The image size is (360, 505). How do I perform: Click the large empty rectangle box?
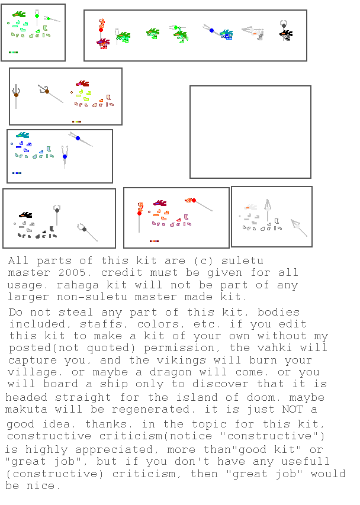[250, 132]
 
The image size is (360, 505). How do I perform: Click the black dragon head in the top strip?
[286, 35]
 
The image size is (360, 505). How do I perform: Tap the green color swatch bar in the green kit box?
[13, 53]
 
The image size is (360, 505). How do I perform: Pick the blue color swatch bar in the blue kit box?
[17, 173]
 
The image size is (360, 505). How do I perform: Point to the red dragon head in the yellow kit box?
[82, 85]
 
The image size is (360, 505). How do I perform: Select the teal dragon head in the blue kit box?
[22, 136]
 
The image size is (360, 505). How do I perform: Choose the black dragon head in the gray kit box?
[25, 215]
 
